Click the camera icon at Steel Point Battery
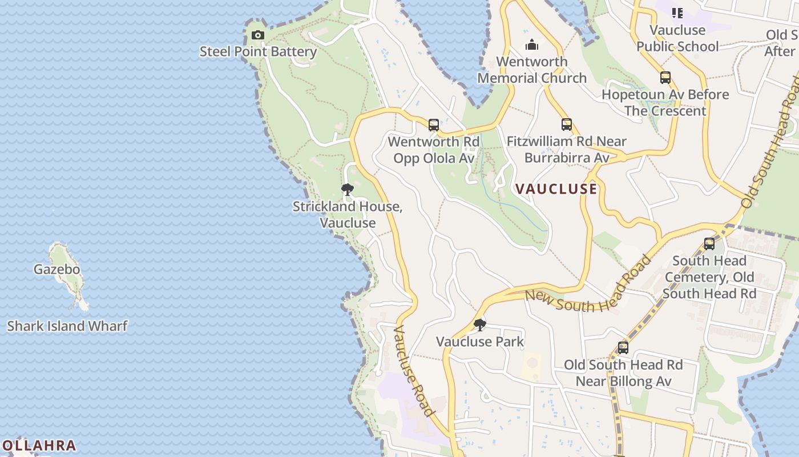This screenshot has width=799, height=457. click(258, 35)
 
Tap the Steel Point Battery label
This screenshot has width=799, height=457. click(258, 51)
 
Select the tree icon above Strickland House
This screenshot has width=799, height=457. click(348, 190)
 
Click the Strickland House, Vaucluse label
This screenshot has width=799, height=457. click(348, 214)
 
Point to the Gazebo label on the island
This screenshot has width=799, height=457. click(57, 269)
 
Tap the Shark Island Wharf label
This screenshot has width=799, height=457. click(67, 326)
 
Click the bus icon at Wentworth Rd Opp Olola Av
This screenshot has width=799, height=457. click(434, 125)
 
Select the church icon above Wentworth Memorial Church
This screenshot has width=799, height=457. click(532, 45)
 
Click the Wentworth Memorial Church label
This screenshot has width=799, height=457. click(532, 70)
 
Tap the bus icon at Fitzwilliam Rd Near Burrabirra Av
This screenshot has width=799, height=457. click(566, 125)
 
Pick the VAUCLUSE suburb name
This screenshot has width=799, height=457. click(556, 189)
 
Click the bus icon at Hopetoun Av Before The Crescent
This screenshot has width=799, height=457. click(665, 78)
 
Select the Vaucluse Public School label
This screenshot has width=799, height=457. click(678, 38)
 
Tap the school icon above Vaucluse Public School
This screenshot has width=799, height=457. click(677, 13)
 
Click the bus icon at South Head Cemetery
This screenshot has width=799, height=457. click(709, 244)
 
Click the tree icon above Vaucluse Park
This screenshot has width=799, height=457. click(480, 325)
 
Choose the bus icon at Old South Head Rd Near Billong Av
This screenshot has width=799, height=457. click(623, 347)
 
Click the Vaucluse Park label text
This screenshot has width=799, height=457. click(480, 342)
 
